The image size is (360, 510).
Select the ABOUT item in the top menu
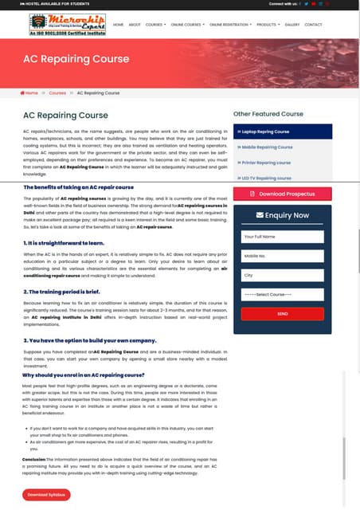[x=135, y=25]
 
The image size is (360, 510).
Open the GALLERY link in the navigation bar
[x=292, y=25]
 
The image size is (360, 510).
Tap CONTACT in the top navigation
[x=314, y=25]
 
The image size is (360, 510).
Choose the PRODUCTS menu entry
[x=267, y=25]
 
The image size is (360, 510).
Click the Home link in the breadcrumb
[x=29, y=93]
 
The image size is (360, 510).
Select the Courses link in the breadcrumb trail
[x=57, y=93]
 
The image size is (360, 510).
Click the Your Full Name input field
[x=282, y=237]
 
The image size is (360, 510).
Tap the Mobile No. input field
[x=282, y=256]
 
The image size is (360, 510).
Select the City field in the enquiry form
[x=282, y=275]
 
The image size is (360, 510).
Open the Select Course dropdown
[x=282, y=295]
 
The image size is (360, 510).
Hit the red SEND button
[x=282, y=314]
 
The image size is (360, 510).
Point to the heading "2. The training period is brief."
[x=68, y=292]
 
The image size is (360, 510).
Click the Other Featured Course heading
[x=268, y=114]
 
